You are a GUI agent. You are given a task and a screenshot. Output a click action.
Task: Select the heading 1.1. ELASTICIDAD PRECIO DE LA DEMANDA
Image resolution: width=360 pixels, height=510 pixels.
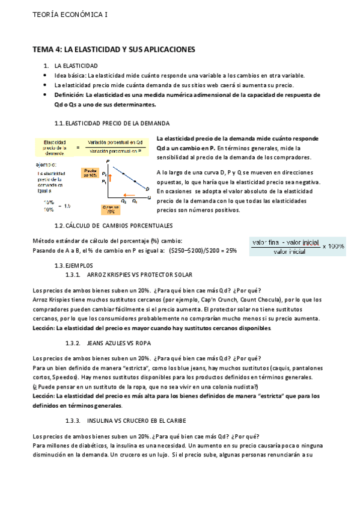[x=104, y=123]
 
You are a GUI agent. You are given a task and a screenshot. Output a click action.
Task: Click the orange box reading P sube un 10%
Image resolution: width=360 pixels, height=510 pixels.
[x=90, y=173]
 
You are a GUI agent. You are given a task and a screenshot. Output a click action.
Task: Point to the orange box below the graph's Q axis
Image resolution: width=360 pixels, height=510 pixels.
[x=111, y=210]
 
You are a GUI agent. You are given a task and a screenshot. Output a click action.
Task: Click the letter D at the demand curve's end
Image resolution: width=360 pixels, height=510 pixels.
[x=147, y=188]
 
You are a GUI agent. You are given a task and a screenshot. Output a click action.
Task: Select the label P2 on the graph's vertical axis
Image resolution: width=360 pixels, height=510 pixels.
[x=104, y=174]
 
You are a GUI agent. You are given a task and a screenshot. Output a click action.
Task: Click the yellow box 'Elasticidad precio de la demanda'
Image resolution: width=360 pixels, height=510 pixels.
[x=55, y=147]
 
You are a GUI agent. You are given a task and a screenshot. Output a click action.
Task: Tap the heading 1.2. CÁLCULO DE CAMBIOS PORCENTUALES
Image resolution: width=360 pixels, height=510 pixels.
[x=105, y=226]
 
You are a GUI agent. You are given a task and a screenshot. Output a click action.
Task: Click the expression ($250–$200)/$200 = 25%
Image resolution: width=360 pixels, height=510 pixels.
[x=203, y=250]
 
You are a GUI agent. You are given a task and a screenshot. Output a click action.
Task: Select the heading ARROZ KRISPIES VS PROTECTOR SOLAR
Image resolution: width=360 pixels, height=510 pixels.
[x=139, y=274]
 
